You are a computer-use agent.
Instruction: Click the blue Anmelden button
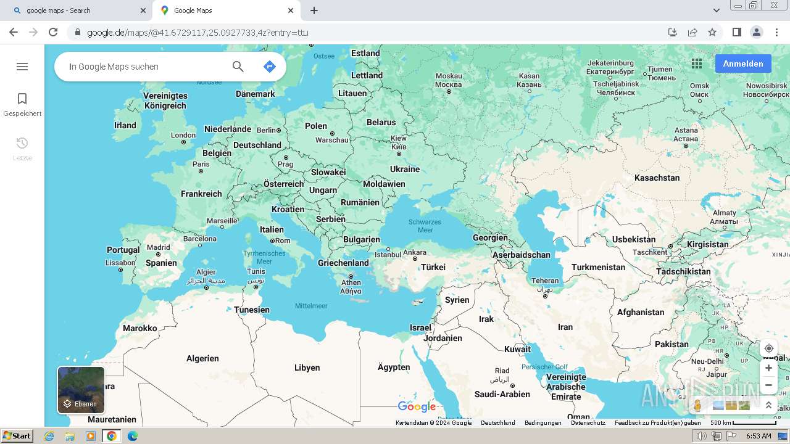tap(743, 64)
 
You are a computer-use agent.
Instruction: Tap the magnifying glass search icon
tap(238, 67)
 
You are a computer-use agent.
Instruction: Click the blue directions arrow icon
tap(269, 67)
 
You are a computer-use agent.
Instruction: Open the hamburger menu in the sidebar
tap(22, 67)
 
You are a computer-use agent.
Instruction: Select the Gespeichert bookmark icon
tap(22, 99)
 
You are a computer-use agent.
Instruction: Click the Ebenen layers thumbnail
tap(81, 390)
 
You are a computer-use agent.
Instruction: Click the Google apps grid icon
tap(697, 64)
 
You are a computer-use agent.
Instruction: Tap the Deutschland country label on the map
tap(257, 145)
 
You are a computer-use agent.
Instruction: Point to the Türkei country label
tap(433, 267)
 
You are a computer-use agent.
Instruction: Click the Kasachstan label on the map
tap(657, 178)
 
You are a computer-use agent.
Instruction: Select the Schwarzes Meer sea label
tap(425, 226)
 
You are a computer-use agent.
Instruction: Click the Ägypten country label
tap(394, 367)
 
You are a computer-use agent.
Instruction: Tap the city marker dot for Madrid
tap(159, 254)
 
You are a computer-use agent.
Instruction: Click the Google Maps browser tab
tap(225, 10)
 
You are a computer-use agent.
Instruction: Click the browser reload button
tap(53, 32)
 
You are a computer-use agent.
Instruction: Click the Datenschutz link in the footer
tap(588, 423)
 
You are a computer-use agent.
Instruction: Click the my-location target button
tap(768, 348)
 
